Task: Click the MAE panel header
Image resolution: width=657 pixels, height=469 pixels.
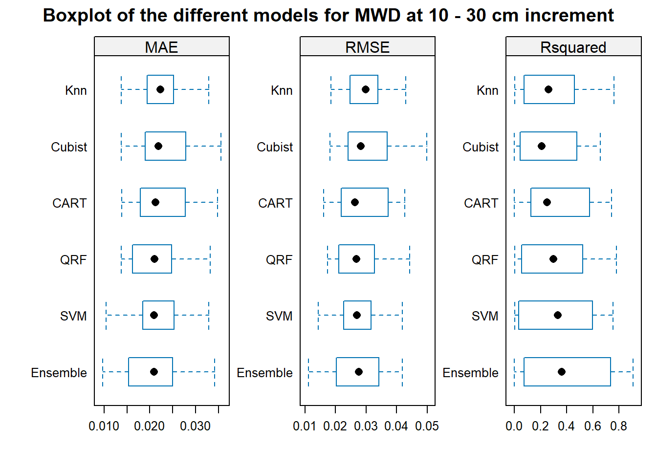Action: tap(162, 46)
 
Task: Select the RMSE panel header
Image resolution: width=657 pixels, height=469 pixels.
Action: tap(368, 46)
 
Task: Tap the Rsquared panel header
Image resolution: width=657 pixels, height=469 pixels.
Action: tap(573, 46)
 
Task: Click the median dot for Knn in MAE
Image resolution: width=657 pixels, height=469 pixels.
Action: tap(160, 89)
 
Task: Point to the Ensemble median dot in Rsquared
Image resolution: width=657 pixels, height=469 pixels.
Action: tap(562, 372)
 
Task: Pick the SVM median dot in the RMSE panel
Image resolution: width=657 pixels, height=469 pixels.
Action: tap(357, 316)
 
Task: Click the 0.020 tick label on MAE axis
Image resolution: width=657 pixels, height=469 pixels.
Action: tap(149, 426)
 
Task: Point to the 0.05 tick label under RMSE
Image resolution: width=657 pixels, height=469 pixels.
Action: tap(427, 426)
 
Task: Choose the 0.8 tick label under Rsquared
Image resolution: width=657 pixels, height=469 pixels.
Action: tap(618, 426)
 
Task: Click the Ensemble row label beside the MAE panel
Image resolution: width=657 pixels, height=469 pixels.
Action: tap(59, 373)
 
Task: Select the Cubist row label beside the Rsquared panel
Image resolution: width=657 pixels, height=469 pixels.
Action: tap(481, 147)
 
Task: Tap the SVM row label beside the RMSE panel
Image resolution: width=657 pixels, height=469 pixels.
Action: tap(279, 316)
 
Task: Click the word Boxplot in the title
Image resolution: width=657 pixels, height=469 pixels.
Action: tap(77, 16)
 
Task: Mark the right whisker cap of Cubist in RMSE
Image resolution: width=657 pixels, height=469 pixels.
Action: tap(427, 146)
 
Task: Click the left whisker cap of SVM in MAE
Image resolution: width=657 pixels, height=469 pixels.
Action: tap(106, 316)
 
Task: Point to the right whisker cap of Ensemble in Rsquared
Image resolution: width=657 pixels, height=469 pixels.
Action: tap(633, 372)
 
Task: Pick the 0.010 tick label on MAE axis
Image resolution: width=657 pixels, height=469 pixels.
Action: tap(104, 426)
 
